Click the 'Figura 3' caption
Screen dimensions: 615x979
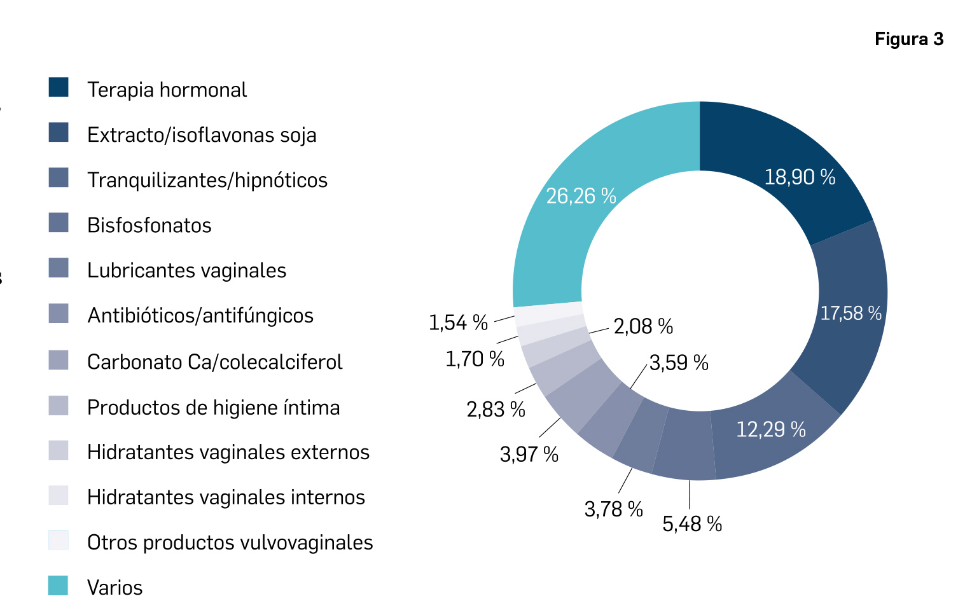(x=908, y=39)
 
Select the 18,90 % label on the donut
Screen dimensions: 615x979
(x=800, y=177)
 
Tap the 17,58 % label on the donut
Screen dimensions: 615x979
(x=851, y=314)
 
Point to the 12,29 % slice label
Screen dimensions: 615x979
(x=770, y=430)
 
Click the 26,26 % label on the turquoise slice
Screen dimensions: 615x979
(x=581, y=196)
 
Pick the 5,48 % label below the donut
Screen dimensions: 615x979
(x=692, y=524)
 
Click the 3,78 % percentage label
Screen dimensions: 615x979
(x=613, y=509)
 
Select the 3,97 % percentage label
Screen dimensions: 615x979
(x=529, y=455)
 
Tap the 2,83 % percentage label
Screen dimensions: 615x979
(x=496, y=410)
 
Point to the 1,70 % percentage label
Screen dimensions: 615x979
(x=475, y=359)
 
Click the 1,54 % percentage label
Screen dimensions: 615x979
(x=458, y=323)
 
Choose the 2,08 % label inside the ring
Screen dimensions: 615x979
(x=643, y=327)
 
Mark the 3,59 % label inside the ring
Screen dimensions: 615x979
(x=679, y=363)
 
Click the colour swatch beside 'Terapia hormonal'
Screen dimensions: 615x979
(x=59, y=87)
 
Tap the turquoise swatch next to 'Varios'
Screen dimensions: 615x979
(x=59, y=586)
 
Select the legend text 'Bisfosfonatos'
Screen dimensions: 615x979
(x=149, y=226)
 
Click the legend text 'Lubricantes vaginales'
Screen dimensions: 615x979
(x=186, y=271)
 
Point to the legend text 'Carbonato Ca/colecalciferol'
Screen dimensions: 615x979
(x=214, y=363)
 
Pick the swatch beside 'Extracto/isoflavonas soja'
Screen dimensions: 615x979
(x=59, y=132)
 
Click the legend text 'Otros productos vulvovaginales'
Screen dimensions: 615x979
(x=230, y=542)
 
